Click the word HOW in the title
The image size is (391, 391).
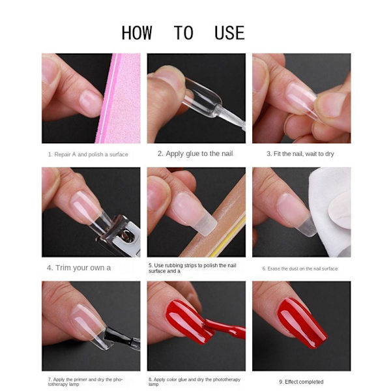pyautogui.click(x=137, y=33)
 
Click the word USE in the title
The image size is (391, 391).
pyautogui.click(x=229, y=33)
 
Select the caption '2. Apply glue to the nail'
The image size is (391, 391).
pyautogui.click(x=195, y=154)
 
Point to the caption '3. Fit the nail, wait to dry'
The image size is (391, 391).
pyautogui.click(x=300, y=154)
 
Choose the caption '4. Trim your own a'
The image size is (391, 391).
pyautogui.click(x=79, y=268)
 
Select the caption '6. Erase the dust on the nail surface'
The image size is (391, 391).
pyautogui.click(x=300, y=268)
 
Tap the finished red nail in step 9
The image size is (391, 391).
pyautogui.click(x=302, y=323)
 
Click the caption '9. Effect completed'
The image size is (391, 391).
pyautogui.click(x=301, y=382)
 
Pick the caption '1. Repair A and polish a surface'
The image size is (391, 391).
pyautogui.click(x=88, y=154)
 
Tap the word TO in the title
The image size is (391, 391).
pyautogui.click(x=184, y=33)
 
